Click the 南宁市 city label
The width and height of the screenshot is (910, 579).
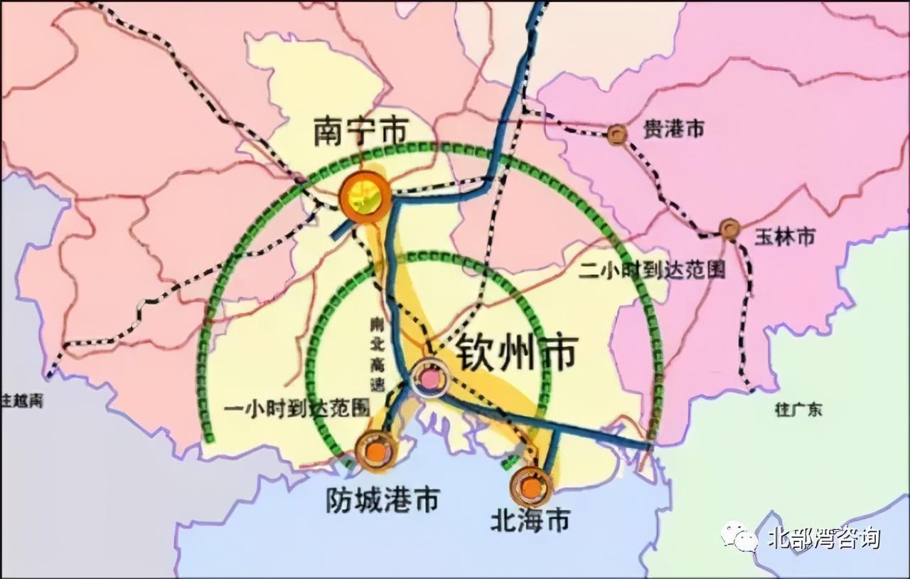click(361, 132)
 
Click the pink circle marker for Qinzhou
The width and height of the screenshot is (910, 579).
click(430, 379)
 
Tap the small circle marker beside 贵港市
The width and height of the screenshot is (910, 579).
click(617, 133)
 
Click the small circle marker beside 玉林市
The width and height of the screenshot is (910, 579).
click(729, 228)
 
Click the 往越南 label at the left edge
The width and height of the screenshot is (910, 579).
click(23, 400)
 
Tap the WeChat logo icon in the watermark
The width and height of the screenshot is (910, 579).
click(739, 538)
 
